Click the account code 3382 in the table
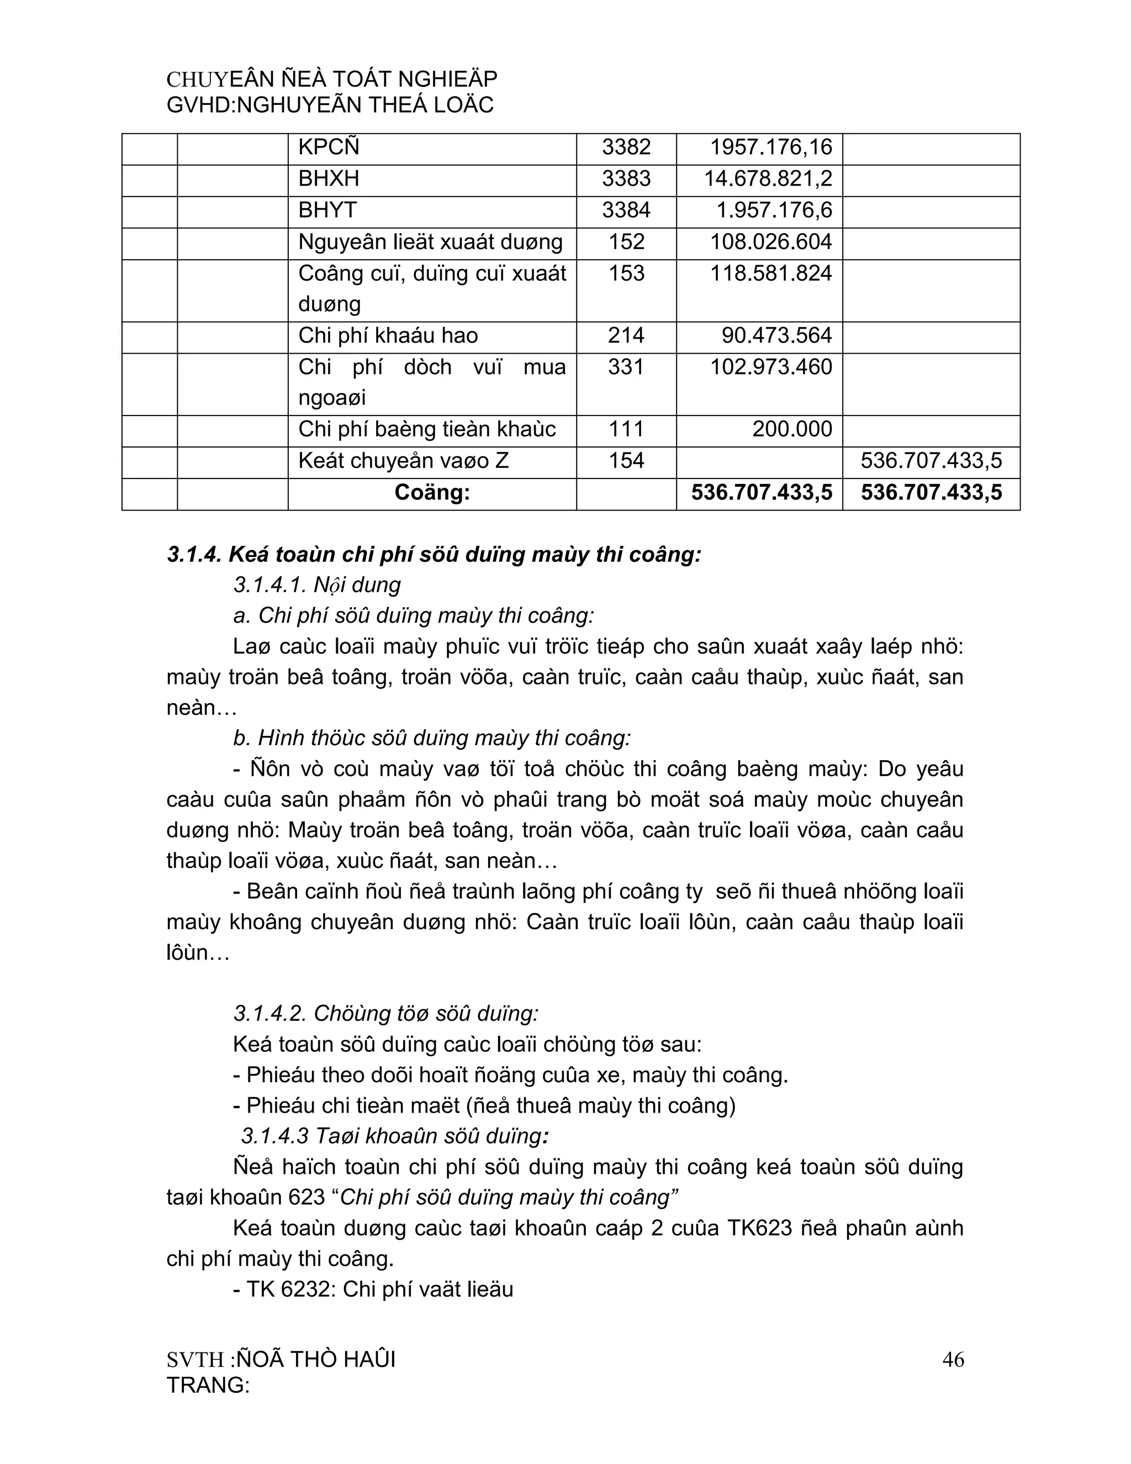[626, 148]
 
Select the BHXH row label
[329, 179]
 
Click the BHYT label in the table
[327, 210]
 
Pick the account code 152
[626, 242]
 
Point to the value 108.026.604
[770, 242]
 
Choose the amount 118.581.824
[770, 273]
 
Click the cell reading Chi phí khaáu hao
[388, 336]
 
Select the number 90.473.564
[776, 336]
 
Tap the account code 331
[626, 367]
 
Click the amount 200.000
[792, 430]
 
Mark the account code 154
[626, 461]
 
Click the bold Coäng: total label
[432, 493]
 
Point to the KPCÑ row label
[329, 148]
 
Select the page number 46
[953, 1360]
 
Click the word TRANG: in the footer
[208, 1385]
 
